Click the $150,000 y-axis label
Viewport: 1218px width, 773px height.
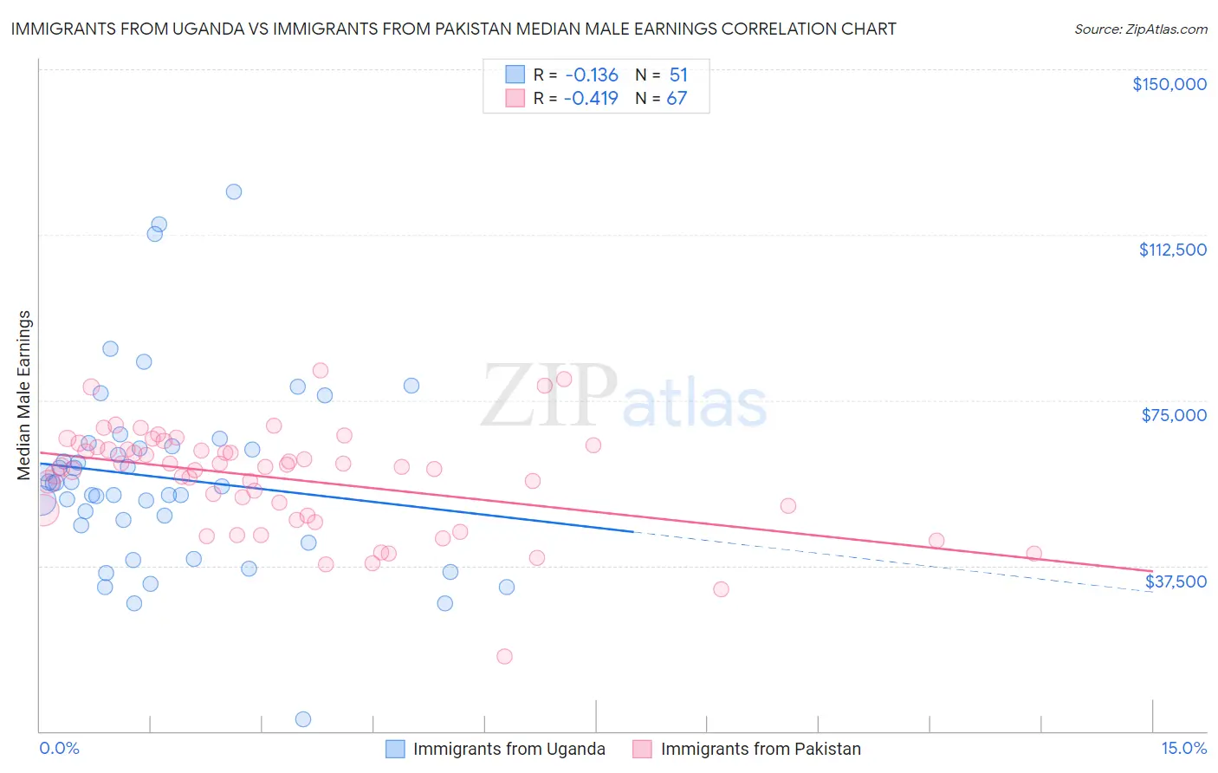(x=1169, y=84)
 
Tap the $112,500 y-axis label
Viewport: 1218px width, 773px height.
(x=1172, y=250)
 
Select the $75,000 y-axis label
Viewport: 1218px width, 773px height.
(x=1173, y=415)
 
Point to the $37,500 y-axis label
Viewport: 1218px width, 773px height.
(x=1175, y=581)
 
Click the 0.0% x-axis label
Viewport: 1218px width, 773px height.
(x=59, y=748)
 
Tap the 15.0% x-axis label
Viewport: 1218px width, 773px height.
(x=1183, y=748)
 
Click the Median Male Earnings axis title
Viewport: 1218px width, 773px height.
(x=24, y=394)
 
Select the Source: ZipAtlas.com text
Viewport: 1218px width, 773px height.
(x=1140, y=29)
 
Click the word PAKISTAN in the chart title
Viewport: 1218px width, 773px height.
(x=549, y=29)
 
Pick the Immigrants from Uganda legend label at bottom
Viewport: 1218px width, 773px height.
(x=509, y=749)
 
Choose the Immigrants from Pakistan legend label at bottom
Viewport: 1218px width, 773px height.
(x=760, y=749)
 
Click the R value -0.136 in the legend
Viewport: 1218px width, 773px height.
(x=591, y=75)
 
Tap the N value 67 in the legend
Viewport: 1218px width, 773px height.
(x=676, y=98)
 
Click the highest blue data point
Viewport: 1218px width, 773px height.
(x=234, y=192)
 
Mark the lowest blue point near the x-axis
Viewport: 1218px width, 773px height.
(x=303, y=719)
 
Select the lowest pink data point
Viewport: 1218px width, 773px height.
(x=504, y=656)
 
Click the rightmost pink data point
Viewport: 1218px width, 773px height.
(x=1033, y=553)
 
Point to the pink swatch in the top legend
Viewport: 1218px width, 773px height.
(x=515, y=98)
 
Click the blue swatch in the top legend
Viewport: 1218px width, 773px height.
(x=515, y=75)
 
